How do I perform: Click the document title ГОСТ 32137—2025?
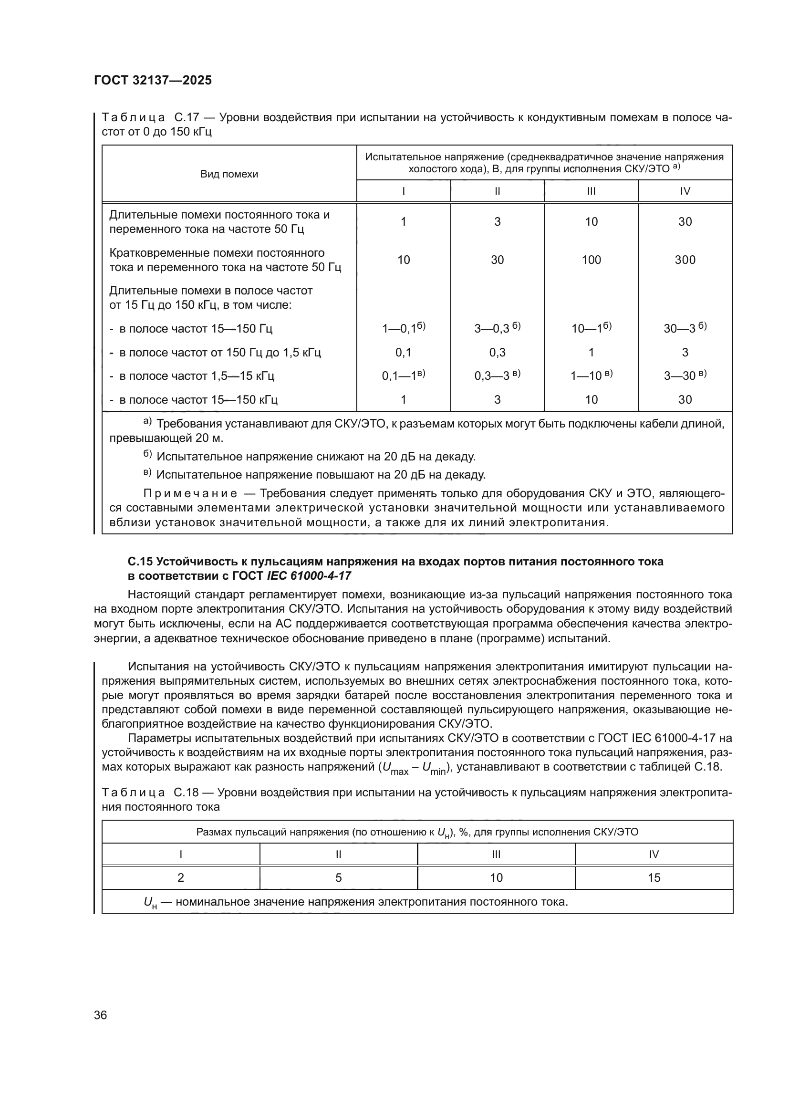pos(153,80)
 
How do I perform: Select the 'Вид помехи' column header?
pos(229,174)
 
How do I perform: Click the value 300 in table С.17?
pos(685,260)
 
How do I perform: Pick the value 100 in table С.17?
pos(591,260)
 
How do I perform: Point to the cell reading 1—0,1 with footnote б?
pos(403,329)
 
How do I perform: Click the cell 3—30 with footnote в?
pos(685,375)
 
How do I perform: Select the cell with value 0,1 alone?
pos(403,353)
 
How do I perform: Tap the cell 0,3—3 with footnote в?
pos(497,375)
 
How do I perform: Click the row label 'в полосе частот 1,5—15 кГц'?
pos(196,375)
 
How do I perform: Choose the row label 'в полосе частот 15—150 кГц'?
pos(198,399)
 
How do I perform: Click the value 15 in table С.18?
pos(654,877)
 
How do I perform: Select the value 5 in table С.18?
pos(339,877)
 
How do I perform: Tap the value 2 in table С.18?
pos(181,877)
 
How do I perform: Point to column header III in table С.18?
pos(496,854)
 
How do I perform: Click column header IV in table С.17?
pos(685,191)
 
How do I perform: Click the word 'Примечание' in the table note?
pos(190,494)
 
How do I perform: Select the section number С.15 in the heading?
pos(140,562)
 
